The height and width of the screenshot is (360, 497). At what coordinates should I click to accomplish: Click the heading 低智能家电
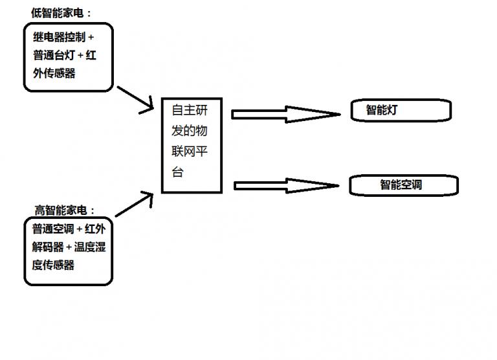[61, 13]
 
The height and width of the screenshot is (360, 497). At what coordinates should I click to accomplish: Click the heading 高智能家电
[64, 210]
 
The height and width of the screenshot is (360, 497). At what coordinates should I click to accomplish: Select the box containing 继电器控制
[68, 56]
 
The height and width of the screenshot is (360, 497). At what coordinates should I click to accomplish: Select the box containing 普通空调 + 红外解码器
[68, 252]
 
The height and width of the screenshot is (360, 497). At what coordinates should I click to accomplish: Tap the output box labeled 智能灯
[400, 110]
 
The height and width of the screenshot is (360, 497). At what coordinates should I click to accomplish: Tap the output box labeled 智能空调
[403, 185]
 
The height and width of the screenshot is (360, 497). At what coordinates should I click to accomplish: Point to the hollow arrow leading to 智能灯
[285, 115]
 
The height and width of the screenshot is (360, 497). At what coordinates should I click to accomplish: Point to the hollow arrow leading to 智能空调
[285, 186]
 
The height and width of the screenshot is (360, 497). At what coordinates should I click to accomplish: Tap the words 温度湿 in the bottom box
[90, 247]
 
